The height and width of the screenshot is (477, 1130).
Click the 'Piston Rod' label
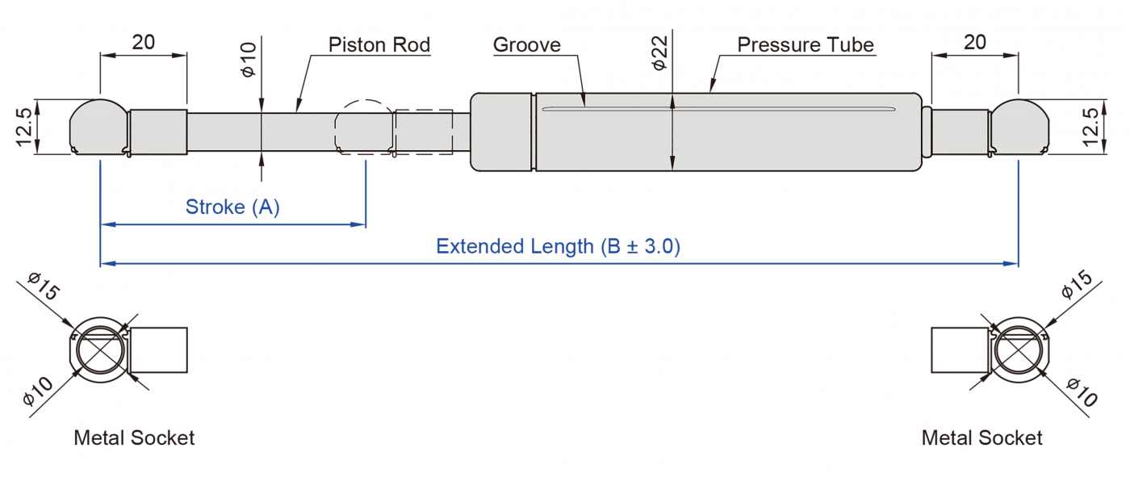click(379, 44)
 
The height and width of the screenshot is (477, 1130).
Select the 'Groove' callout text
click(526, 44)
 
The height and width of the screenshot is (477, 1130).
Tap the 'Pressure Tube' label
click(806, 44)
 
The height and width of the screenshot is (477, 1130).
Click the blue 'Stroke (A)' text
click(232, 207)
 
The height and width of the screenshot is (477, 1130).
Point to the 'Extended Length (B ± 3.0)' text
click(558, 246)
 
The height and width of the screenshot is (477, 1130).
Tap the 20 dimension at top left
click(143, 42)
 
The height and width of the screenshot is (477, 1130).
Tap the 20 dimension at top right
click(975, 42)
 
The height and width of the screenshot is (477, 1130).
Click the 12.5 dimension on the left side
click(23, 128)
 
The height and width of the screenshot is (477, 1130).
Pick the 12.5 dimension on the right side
click(1091, 128)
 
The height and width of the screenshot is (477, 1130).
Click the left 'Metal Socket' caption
click(134, 438)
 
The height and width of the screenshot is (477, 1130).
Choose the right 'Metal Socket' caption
click(981, 438)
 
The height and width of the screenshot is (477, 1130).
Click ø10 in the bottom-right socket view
click(1082, 392)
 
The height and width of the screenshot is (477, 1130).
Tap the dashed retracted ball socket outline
click(364, 126)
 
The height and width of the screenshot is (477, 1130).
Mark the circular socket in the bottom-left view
click(100, 350)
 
